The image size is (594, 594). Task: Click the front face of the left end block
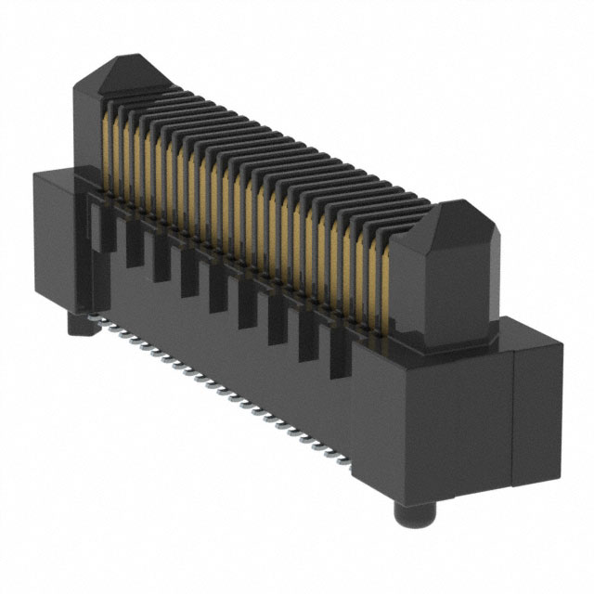tap(56, 241)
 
